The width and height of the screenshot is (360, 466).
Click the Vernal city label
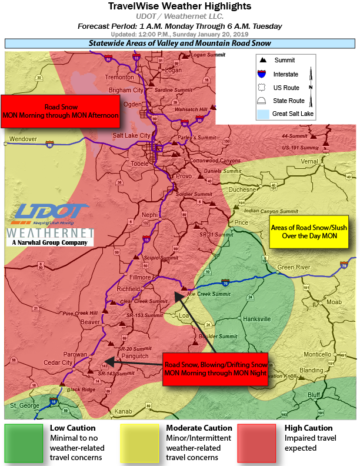pos(325,161)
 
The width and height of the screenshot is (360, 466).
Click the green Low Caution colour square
pos(24,442)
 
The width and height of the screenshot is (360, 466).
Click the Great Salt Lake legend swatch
pos(262,113)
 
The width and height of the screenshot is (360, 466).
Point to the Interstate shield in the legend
pos(262,74)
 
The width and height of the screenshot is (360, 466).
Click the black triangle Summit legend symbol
pos(262,60)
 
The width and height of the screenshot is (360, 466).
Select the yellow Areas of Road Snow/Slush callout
pos(309,232)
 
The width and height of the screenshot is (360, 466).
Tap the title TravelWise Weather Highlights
pos(179,6)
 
